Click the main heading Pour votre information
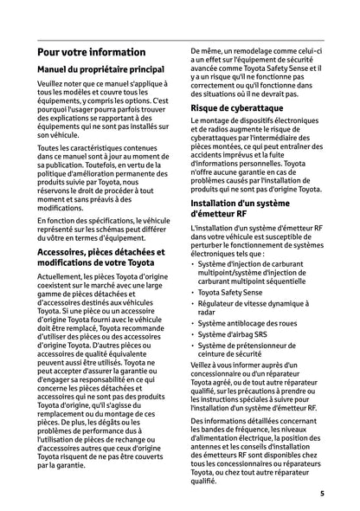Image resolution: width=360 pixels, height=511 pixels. tap(92, 52)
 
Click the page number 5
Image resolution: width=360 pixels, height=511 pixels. tap(321, 494)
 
